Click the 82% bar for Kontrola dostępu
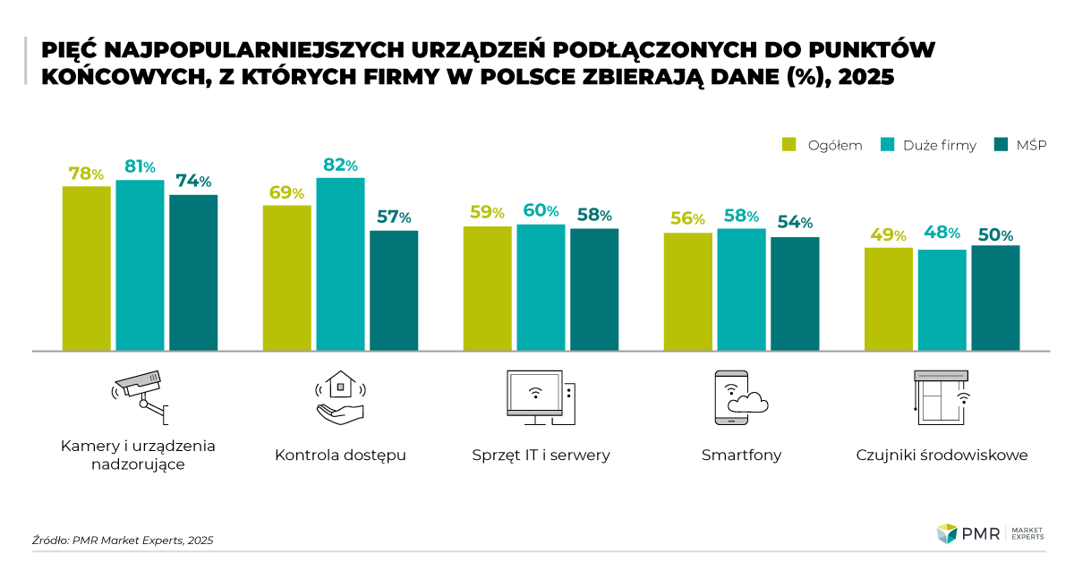pos(340,264)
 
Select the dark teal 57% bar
pos(394,290)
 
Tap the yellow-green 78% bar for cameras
pos(86,268)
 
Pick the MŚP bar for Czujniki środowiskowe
pos(995,297)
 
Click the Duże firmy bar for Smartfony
pos(741,289)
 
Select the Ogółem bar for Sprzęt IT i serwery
pos(487,287)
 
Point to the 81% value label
pos(140,166)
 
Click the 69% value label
pos(286,192)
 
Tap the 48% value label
pos(942,234)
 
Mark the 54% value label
pos(795,222)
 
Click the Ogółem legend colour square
pos(789,145)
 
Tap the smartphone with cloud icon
pos(740,396)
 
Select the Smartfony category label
pos(741,455)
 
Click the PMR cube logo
pos(947,534)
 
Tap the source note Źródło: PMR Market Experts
pos(123,540)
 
